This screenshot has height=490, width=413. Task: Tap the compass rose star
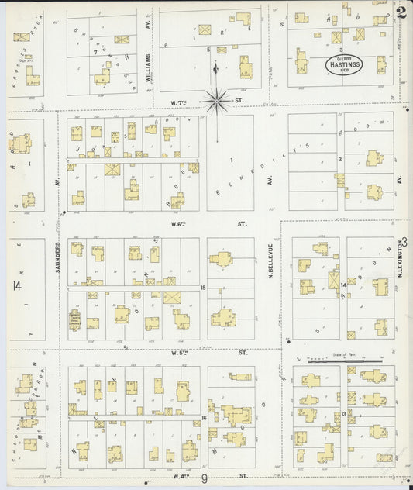(x=217, y=98)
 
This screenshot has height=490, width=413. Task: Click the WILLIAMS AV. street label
(x=147, y=56)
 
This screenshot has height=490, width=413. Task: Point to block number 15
(x=203, y=288)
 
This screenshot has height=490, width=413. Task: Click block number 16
(x=203, y=418)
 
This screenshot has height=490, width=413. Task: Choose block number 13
(x=342, y=416)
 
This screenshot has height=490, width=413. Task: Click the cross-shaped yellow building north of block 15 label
(x=223, y=261)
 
